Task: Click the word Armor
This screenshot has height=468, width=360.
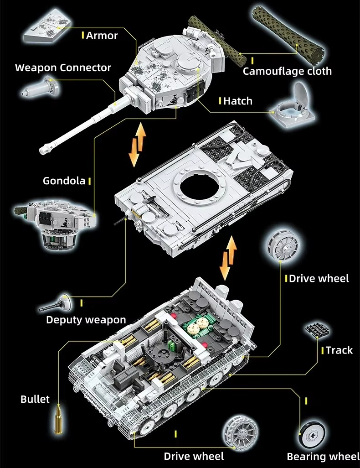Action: (x=102, y=36)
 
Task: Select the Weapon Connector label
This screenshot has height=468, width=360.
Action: (x=63, y=68)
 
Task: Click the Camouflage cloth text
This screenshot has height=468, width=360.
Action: (x=287, y=71)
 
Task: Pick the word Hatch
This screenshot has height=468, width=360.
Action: (x=238, y=101)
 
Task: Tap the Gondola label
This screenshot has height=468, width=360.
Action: (x=64, y=181)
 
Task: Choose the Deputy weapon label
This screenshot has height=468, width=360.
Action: (x=86, y=320)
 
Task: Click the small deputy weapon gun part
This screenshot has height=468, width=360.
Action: (x=56, y=303)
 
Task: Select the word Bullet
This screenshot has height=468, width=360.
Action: (x=35, y=399)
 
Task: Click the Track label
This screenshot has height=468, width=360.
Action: (x=339, y=350)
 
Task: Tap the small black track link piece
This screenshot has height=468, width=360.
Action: (x=317, y=328)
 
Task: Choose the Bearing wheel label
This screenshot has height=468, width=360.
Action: (x=323, y=456)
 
